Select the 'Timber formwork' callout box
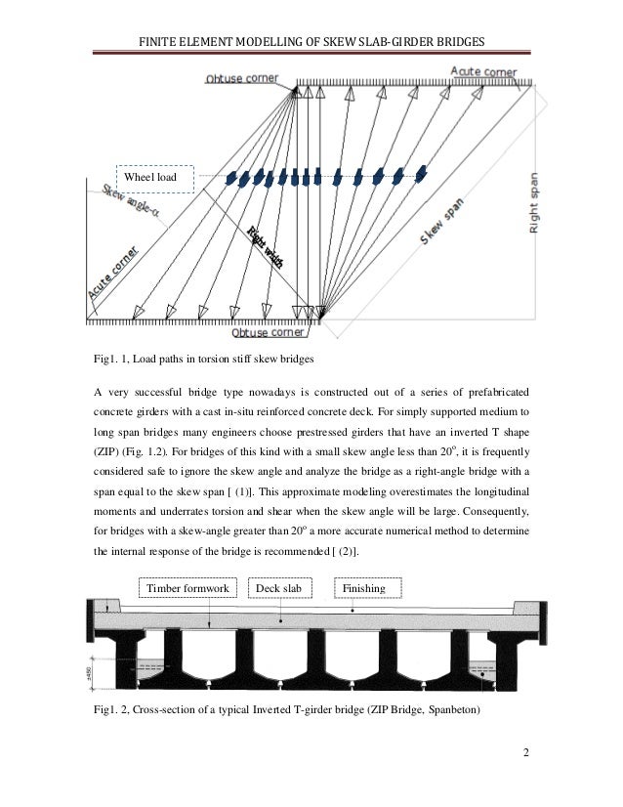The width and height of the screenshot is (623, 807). (187, 589)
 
